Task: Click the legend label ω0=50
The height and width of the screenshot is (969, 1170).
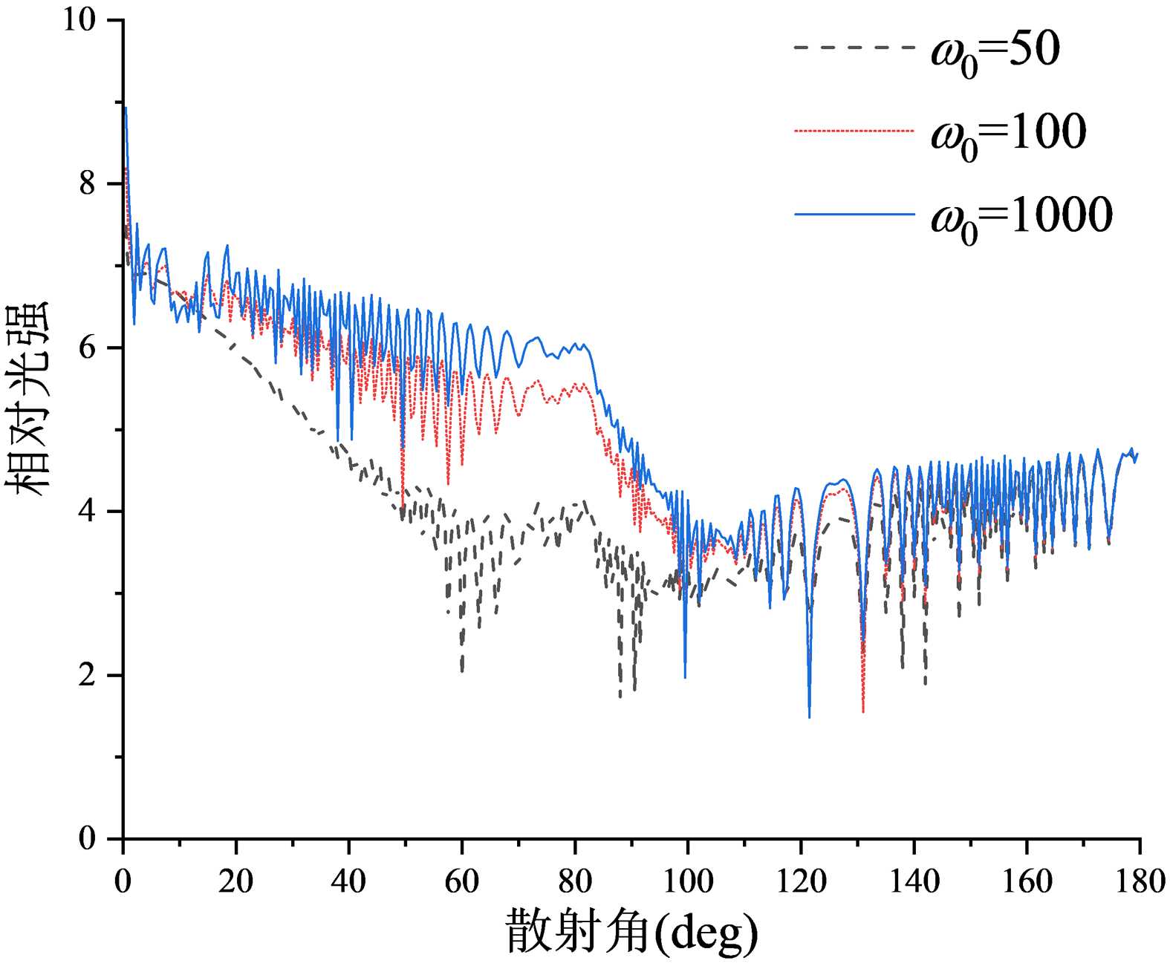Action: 995,52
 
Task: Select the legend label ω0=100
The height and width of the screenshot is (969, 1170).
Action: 1009,134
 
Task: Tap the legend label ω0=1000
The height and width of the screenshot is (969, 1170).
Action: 1022,218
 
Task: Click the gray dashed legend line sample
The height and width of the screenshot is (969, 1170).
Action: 854,48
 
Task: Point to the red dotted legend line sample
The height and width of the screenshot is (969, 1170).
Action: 854,131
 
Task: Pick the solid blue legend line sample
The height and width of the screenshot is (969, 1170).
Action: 854,214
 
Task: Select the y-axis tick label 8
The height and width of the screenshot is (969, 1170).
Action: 88,183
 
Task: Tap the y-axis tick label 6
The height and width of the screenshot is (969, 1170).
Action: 88,348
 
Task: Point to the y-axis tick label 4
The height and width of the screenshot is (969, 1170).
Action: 88,512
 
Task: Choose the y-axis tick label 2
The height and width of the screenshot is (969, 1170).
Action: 88,676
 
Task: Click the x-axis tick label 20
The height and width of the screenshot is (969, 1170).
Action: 235,881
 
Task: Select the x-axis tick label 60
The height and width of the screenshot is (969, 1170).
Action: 461,881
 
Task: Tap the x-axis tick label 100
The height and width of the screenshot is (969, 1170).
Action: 687,881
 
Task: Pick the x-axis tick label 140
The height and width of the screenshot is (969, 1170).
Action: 914,881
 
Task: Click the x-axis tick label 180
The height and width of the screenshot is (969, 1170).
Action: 1139,881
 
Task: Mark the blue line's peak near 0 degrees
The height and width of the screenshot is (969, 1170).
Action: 126,108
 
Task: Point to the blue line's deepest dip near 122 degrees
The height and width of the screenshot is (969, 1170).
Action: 809,717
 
